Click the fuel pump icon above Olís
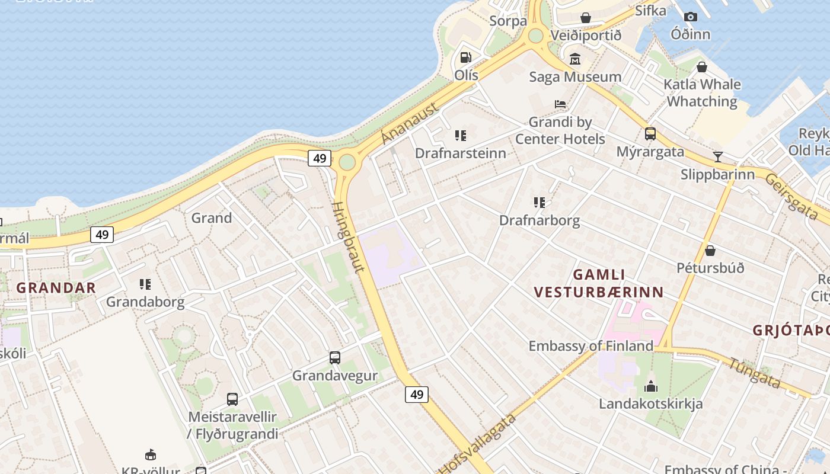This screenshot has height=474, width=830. pos(466,57)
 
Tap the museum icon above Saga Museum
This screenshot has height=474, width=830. pos(575,59)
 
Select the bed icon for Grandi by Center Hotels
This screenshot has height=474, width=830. pos(560,104)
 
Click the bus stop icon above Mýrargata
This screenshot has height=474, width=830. pos(650,133)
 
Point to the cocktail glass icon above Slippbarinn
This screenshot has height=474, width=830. pos(718,156)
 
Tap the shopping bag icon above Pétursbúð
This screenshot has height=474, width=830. pos(710,250)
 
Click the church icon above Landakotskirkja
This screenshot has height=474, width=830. pos(651,386)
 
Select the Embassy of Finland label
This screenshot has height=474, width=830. pos(590,345)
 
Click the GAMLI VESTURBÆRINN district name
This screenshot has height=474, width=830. pos(599,283)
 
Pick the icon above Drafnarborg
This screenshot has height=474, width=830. pos(539,203)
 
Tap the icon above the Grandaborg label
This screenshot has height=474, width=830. pos(145,284)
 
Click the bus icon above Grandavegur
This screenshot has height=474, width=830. pos(335,358)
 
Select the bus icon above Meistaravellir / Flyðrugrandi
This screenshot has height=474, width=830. pos(232,399)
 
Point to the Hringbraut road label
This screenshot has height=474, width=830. pos(348,237)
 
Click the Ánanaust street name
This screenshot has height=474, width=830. pos(410,123)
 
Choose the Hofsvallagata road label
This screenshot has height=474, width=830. pos(478,444)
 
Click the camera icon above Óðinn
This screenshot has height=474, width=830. pos(691,17)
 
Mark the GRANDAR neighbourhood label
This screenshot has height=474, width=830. pos(56,288)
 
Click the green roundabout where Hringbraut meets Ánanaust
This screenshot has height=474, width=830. pos(347,162)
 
